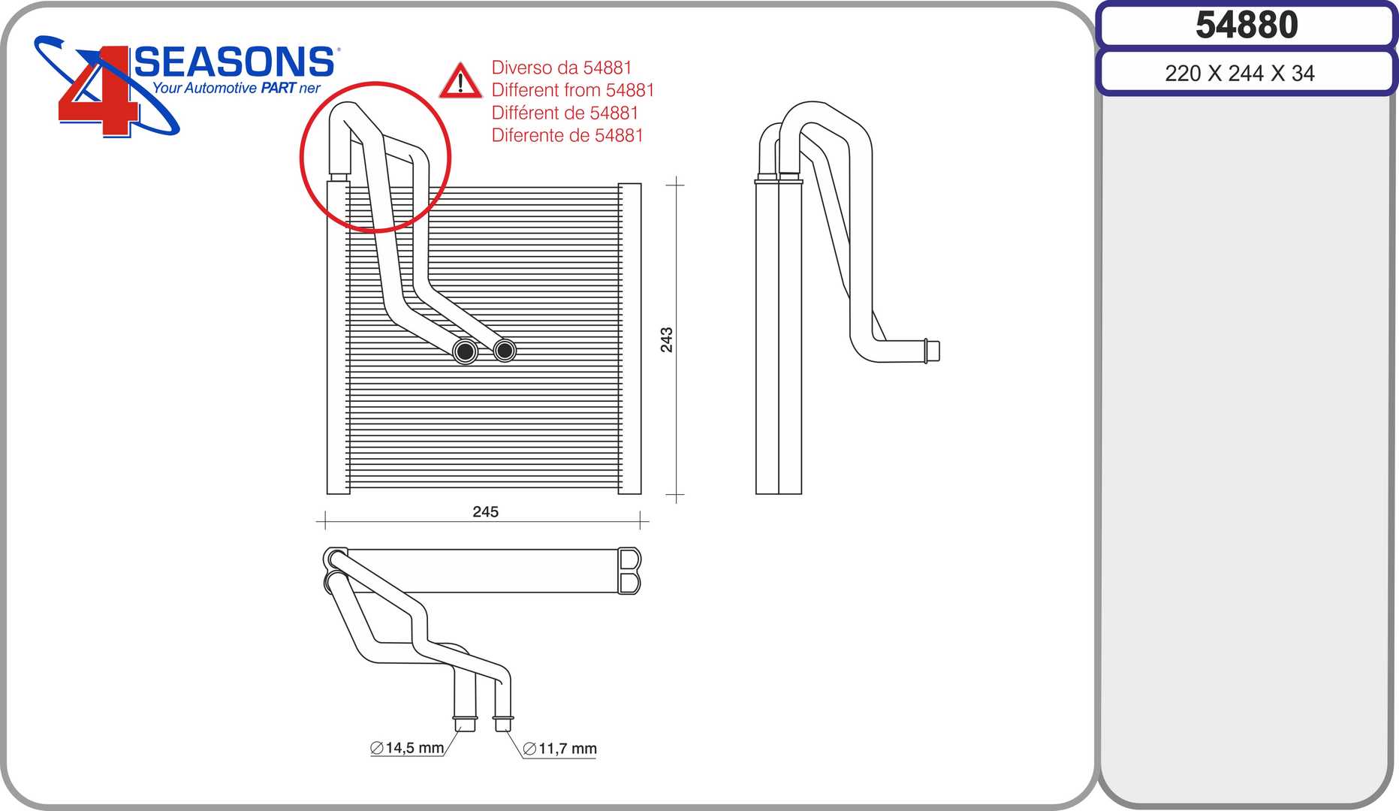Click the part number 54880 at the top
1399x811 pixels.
click(1247, 25)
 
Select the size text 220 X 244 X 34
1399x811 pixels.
click(1240, 74)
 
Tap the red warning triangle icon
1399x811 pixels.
click(460, 81)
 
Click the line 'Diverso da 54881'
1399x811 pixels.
click(562, 68)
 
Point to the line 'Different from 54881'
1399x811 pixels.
click(573, 90)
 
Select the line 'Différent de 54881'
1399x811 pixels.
click(565, 113)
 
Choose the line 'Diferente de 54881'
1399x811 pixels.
click(568, 135)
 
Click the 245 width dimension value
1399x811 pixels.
click(486, 511)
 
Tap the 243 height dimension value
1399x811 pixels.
click(667, 339)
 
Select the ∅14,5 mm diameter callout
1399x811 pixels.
click(407, 748)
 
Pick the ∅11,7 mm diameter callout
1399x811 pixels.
click(559, 749)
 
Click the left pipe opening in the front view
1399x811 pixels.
click(466, 351)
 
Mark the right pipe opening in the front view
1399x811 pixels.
click(505, 350)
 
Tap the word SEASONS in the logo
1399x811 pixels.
click(234, 62)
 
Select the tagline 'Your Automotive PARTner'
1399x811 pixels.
click(237, 88)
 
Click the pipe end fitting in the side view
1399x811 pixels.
click(931, 351)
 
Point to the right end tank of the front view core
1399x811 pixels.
click(629, 339)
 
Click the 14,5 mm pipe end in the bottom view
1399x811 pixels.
click(465, 724)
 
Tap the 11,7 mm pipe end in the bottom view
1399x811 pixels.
click(502, 724)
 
